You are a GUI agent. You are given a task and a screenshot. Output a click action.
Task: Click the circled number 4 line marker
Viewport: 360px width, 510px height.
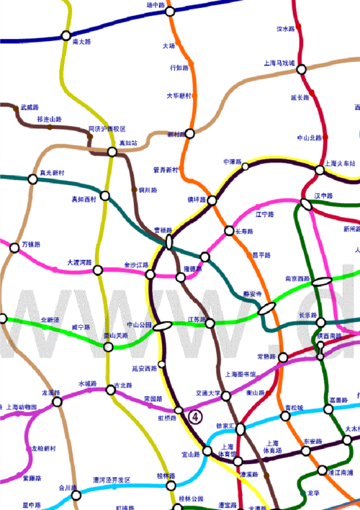(194, 416)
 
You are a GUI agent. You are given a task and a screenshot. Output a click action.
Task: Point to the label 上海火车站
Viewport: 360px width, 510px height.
(341, 163)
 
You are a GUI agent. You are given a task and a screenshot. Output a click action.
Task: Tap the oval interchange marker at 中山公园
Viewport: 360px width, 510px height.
(163, 325)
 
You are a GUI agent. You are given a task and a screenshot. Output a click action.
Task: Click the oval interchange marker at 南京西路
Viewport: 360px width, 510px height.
(322, 281)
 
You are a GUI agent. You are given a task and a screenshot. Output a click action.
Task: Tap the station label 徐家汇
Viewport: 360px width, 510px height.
(226, 426)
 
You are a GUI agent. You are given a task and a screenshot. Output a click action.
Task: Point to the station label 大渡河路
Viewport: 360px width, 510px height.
(79, 263)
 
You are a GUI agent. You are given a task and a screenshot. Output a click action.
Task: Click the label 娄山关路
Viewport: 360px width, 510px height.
(114, 336)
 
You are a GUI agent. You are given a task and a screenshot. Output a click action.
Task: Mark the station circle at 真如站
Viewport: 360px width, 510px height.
(112, 152)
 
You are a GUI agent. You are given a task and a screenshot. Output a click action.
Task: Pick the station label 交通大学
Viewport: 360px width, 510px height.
(207, 393)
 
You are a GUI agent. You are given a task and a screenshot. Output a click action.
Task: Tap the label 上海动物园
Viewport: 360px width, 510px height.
(21, 407)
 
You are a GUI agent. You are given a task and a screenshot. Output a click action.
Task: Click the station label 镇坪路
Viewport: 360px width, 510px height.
(197, 199)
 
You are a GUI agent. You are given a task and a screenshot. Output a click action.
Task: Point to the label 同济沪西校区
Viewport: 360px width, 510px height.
(107, 129)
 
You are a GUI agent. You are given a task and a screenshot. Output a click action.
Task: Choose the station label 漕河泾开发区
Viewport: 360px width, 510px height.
(112, 480)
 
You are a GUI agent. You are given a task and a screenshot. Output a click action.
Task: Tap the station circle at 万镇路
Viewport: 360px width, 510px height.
(14, 248)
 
